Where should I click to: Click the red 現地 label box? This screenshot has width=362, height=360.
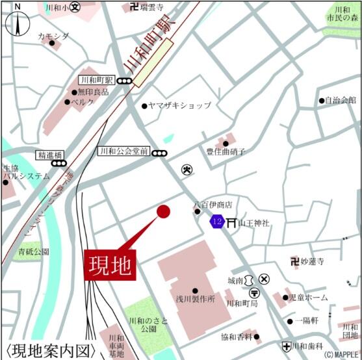point(110,264)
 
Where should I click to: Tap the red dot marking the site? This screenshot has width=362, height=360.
point(163,211)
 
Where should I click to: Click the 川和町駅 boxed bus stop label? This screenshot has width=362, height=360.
point(97,81)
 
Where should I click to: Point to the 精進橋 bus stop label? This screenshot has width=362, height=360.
point(49,155)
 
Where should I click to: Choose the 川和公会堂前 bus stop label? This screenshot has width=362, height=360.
point(123,151)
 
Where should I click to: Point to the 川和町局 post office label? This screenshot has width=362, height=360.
point(242,303)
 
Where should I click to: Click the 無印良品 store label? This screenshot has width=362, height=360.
point(94,92)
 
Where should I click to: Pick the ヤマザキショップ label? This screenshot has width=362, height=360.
point(179,105)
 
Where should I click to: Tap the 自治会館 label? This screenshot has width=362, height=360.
point(341,100)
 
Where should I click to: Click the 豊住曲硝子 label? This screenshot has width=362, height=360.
point(226,152)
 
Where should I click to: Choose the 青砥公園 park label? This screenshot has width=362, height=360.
point(34,251)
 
